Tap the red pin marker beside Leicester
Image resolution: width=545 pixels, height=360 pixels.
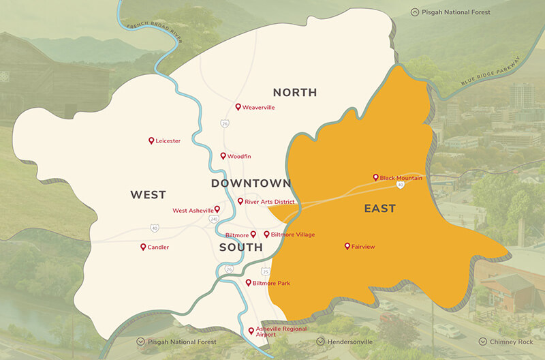point(151,140)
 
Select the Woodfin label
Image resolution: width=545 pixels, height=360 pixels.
point(239,157)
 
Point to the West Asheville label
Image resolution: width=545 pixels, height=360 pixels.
point(193,211)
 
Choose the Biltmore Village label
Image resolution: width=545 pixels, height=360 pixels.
point(293,235)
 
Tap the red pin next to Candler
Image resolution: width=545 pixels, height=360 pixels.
point(143,247)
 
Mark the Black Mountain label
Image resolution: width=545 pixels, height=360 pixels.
point(401,178)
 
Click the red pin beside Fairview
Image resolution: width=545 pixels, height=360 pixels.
point(347,246)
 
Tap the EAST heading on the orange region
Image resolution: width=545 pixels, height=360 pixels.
point(379,209)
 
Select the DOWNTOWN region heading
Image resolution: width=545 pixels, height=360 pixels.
point(251,183)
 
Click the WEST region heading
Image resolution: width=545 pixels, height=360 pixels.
point(148,195)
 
